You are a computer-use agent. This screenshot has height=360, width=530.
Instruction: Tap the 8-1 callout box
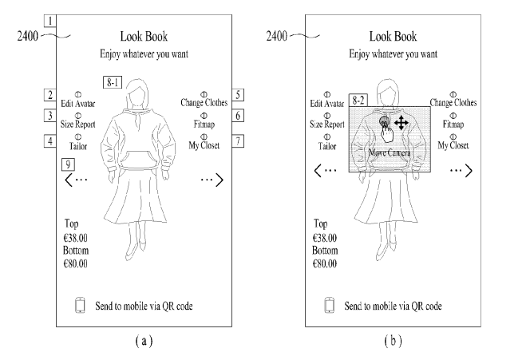(113, 81)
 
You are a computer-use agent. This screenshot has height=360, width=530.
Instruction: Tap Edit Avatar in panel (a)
(77, 102)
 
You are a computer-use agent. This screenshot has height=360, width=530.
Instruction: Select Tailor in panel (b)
(328, 147)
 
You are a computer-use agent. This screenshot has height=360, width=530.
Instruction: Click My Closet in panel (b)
(453, 147)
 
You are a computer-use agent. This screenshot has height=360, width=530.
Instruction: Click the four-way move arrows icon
(402, 122)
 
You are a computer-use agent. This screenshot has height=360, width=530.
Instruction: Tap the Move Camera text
(389, 152)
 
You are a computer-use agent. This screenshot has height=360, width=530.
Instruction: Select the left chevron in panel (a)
(72, 181)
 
